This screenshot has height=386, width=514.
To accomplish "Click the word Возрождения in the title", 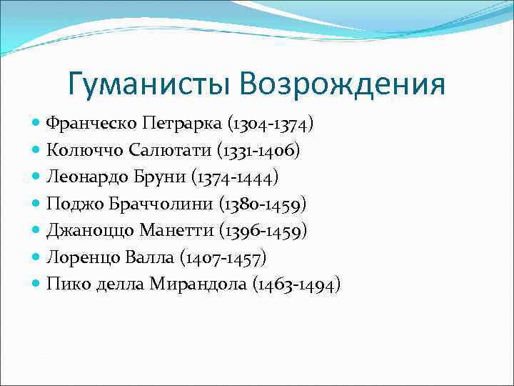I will tap(343, 85).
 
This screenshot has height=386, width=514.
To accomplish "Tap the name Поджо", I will tap(72, 205).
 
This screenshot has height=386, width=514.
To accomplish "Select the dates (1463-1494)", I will tap(296, 284).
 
